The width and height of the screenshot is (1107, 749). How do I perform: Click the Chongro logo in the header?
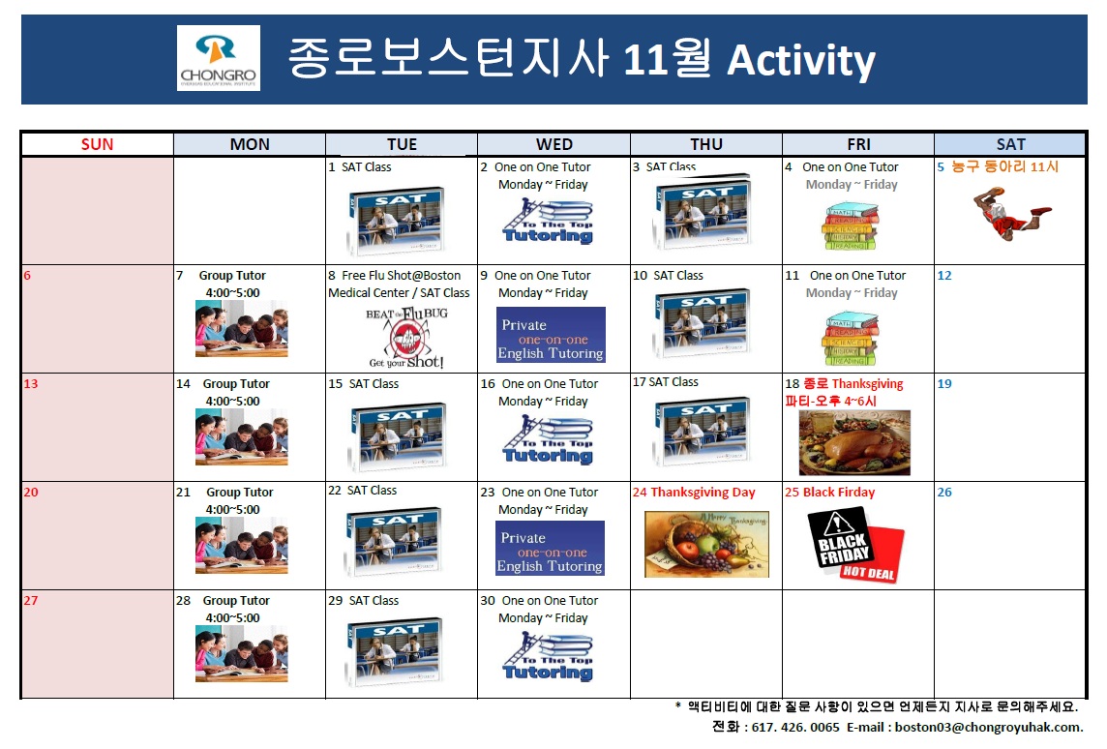pos(219,58)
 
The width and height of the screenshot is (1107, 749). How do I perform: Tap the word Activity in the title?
pos(801,60)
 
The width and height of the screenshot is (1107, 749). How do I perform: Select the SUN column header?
pos(97,144)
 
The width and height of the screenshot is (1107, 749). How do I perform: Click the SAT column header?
pos(1010,144)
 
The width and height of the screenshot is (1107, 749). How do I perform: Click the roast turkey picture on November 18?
pos(854,442)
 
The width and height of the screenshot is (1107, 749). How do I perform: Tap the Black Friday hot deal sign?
pos(855,545)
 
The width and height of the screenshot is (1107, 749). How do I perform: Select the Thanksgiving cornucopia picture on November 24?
pos(706,544)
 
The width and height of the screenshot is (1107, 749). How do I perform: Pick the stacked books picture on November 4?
pos(852,227)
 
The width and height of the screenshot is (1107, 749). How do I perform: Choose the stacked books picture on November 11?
pos(852,336)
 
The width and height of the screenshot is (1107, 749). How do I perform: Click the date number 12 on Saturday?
pos(944,276)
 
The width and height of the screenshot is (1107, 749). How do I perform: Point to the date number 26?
pos(944,493)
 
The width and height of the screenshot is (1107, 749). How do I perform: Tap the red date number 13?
pos(31,384)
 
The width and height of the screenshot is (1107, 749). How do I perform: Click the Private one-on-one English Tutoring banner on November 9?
pos(551,335)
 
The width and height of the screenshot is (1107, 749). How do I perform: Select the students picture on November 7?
pos(241,328)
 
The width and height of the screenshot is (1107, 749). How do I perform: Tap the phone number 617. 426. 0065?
pos(797,728)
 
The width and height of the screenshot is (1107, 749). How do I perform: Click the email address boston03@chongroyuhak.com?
pos(988,728)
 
